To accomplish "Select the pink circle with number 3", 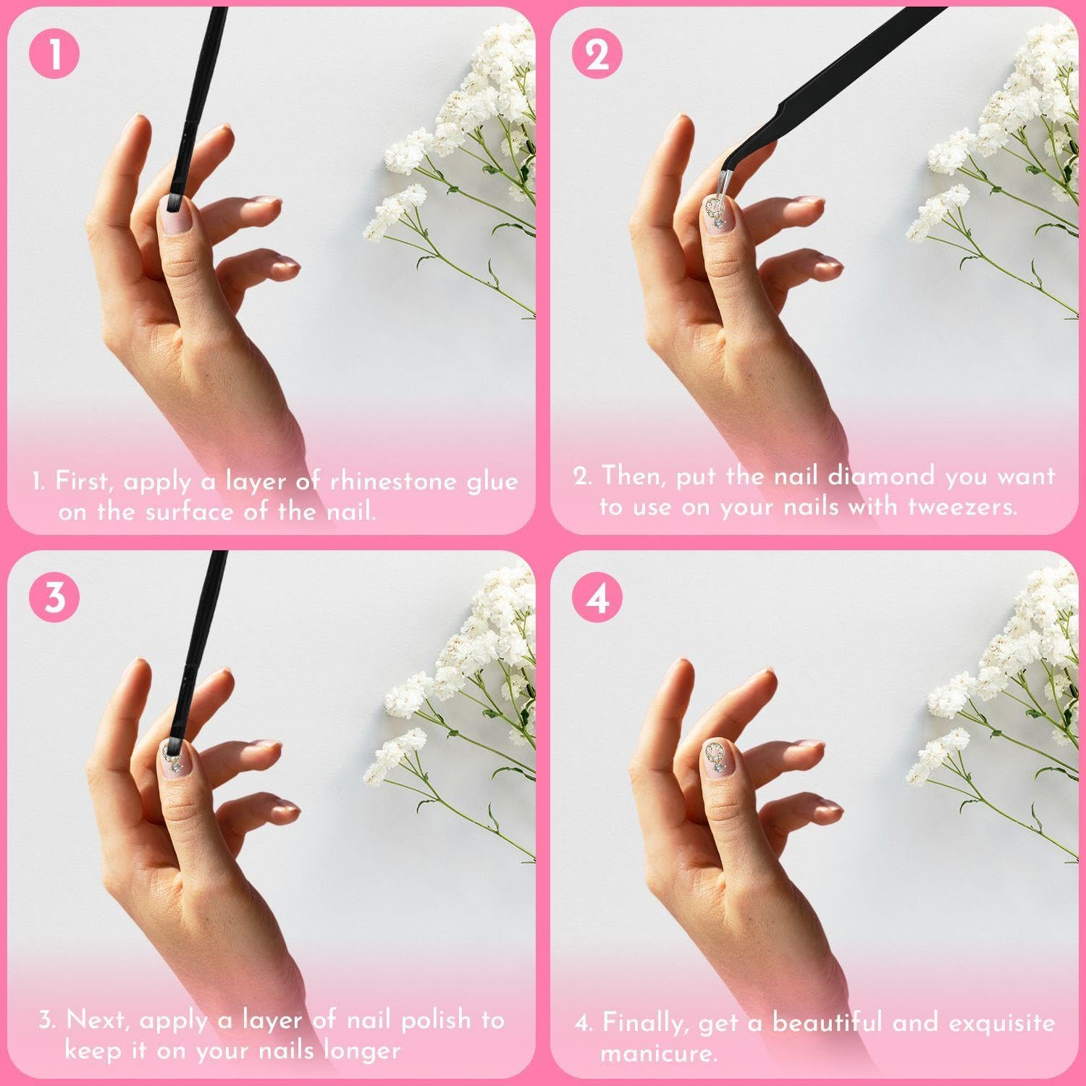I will pyautogui.click(x=54, y=598).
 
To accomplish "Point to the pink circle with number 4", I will pyautogui.click(x=597, y=598).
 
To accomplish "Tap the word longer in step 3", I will pyautogui.click(x=359, y=1050).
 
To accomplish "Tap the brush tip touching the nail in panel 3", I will pyautogui.click(x=174, y=744).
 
